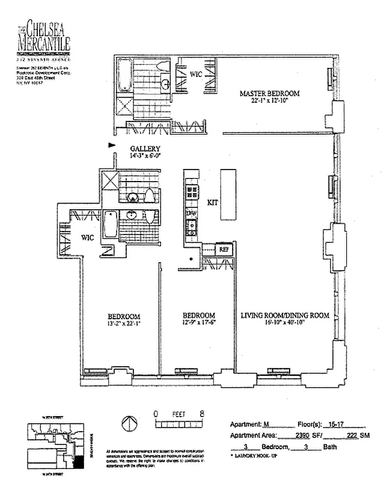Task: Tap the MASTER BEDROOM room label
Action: click(x=269, y=94)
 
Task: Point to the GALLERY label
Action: click(x=144, y=149)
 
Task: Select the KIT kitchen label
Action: click(x=212, y=203)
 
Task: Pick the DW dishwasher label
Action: click(x=192, y=213)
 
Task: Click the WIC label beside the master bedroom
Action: click(x=196, y=74)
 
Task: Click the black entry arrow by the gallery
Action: click(x=111, y=145)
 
